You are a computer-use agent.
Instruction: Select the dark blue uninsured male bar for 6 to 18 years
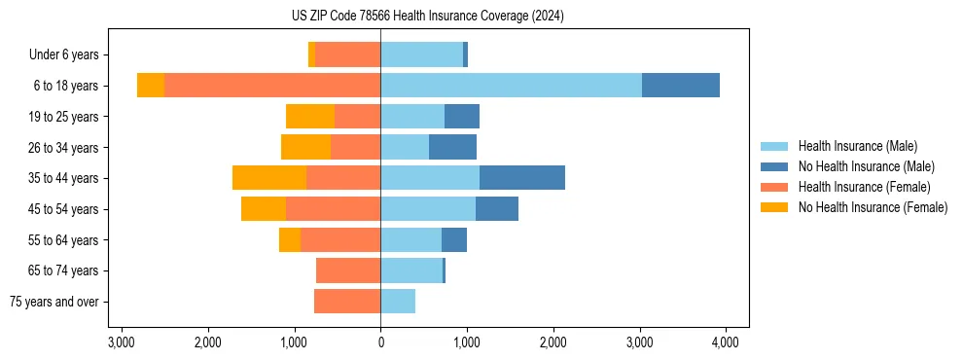pos(680,86)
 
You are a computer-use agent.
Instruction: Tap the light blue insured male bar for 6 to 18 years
pos(511,86)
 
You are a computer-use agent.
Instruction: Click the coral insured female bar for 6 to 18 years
pos(272,86)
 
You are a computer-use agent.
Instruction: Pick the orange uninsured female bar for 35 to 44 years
pos(269,178)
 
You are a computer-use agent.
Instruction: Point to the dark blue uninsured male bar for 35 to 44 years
pos(522,178)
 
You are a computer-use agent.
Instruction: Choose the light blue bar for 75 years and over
pos(398,302)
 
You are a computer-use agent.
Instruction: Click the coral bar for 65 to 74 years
pos(348,270)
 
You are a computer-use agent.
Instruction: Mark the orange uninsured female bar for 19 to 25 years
pos(310,117)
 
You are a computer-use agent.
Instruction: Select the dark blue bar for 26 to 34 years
pos(452,147)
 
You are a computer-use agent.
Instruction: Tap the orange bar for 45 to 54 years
pos(264,209)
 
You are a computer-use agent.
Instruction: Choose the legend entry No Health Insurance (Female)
pos(873,207)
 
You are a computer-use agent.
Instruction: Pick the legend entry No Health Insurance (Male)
pos(866,166)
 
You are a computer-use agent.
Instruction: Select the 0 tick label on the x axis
pos(380,342)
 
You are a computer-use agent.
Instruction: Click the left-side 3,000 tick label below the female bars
pos(122,342)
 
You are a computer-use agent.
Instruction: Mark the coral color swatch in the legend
pos(774,187)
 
